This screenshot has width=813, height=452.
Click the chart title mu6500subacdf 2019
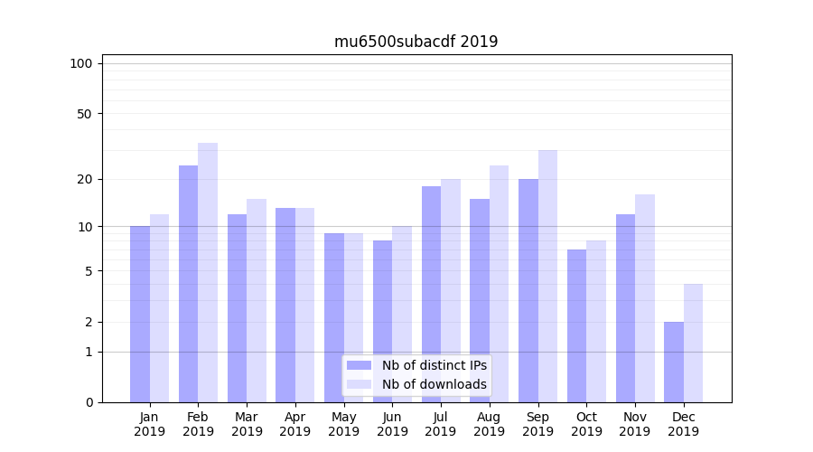pos(416,42)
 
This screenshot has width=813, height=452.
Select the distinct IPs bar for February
pos(188,284)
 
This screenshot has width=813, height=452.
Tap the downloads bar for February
pos(208,272)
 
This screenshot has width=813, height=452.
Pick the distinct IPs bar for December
pos(674,362)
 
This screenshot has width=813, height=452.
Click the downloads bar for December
pos(694,343)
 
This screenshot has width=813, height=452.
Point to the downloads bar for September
pos(547,276)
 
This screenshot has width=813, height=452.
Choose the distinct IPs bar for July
pos(431,294)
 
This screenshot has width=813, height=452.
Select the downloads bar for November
pos(645,298)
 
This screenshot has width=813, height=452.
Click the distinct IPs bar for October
pos(576,325)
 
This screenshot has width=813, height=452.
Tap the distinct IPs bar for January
pos(140,314)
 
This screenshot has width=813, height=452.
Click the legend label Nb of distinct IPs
pos(434,365)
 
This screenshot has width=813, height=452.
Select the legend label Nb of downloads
pos(434,384)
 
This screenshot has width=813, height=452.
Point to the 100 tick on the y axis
pos(81,63)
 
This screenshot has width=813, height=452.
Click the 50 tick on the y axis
pos(85,114)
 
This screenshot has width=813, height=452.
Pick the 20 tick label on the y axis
pos(85,179)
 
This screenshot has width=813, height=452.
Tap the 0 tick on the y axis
pos(89,402)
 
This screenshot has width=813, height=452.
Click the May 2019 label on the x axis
pos(343,424)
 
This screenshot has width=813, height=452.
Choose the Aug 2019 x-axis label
pos(489,424)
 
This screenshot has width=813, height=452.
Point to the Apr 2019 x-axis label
pos(295,424)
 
